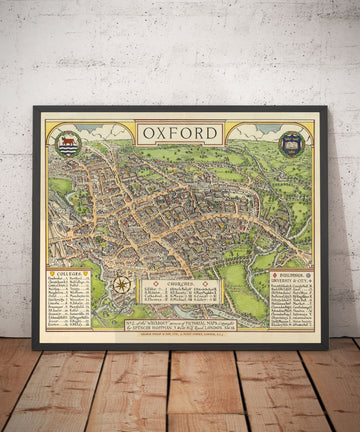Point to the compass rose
121,285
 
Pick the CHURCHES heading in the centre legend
181,284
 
